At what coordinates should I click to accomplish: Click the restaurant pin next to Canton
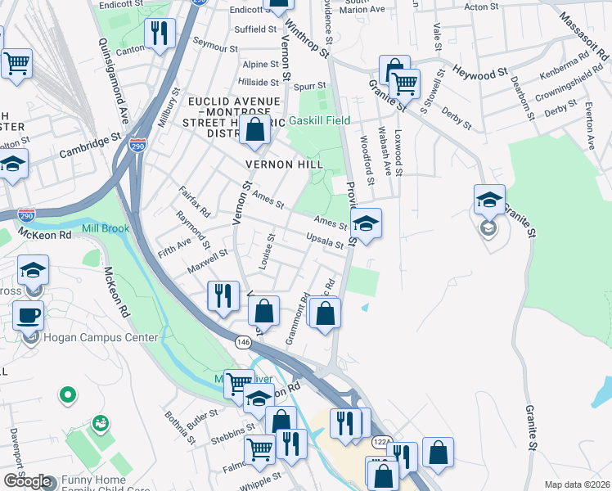tap(159, 34)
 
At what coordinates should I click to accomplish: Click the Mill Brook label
tap(106, 228)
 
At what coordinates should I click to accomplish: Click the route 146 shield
tap(243, 340)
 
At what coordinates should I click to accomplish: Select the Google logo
tap(27, 481)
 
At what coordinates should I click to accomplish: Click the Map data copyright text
tap(577, 484)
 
